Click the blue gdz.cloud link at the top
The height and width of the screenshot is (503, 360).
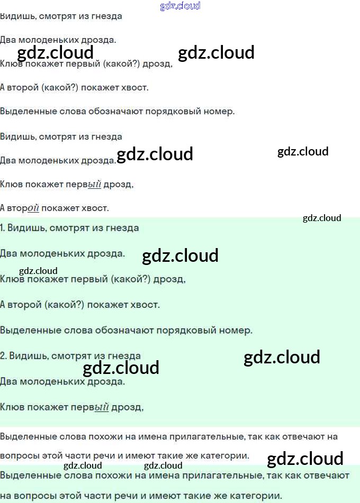[180, 6]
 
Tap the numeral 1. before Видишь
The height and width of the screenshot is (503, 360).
[3, 228]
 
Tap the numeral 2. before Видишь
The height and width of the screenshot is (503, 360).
[3, 356]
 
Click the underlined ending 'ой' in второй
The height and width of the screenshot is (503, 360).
[33, 208]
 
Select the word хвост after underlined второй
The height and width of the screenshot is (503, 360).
[96, 208]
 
